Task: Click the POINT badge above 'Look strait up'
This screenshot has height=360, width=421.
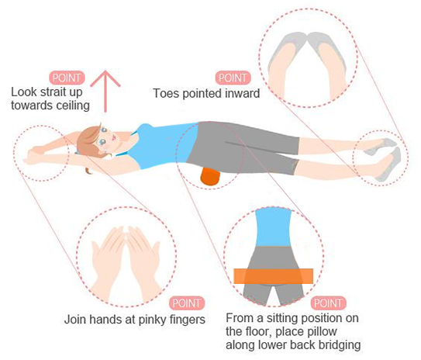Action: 67,78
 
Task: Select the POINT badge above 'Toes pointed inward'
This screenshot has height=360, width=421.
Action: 233,78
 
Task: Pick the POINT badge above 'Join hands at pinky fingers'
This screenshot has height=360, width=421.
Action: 187,303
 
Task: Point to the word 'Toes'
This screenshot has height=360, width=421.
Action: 167,94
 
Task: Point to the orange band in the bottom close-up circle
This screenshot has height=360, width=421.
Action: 274,275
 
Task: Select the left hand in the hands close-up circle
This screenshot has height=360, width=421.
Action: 109,255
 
